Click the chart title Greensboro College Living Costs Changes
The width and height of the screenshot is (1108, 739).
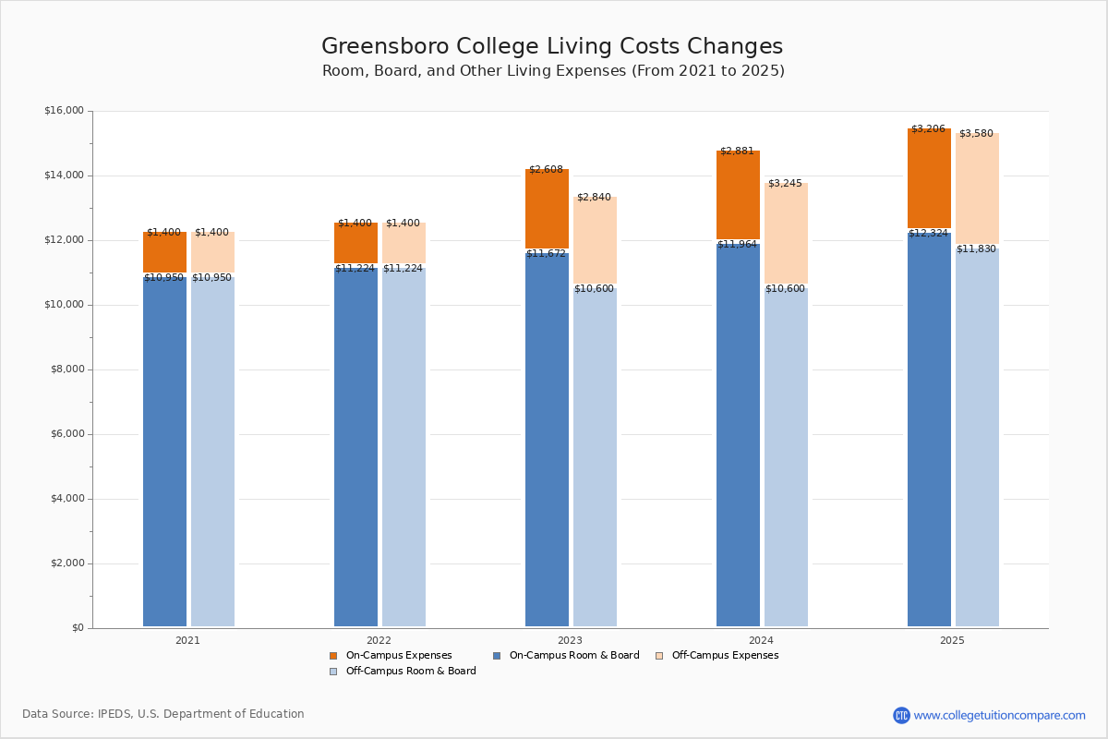pyautogui.click(x=552, y=47)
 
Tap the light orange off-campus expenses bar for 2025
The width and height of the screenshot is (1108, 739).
pyautogui.click(x=977, y=189)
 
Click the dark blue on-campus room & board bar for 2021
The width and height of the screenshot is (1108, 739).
pyautogui.click(x=164, y=453)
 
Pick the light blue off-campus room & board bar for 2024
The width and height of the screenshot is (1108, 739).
pyautogui.click(x=786, y=457)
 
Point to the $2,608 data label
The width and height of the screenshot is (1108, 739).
pyautogui.click(x=546, y=170)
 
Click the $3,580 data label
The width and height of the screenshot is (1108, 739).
pyautogui.click(x=976, y=134)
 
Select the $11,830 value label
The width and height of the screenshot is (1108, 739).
pyautogui.click(x=976, y=249)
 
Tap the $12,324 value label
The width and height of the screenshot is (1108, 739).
pyautogui.click(x=928, y=234)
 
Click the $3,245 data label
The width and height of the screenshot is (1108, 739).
pyautogui.click(x=785, y=184)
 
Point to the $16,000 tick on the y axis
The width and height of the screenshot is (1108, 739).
pyautogui.click(x=64, y=111)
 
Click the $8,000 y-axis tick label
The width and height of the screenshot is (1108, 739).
pyautogui.click(x=66, y=369)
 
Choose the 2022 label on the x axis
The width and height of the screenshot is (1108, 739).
pyautogui.click(x=379, y=640)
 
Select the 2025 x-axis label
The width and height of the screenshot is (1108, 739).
pyautogui.click(x=952, y=640)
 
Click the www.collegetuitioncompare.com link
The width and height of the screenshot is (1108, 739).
pyautogui.click(x=999, y=715)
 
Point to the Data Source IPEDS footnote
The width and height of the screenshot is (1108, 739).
pyautogui.click(x=163, y=714)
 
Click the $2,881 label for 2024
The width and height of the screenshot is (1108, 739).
pyautogui.click(x=737, y=151)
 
